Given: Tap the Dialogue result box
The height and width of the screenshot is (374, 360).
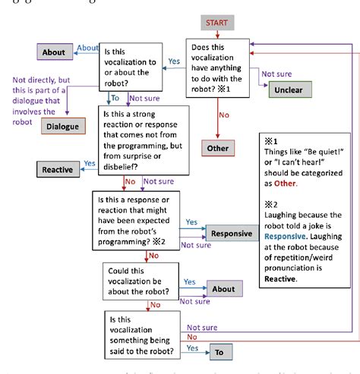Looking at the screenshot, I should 62,126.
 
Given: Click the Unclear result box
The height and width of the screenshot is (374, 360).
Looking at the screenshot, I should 289,89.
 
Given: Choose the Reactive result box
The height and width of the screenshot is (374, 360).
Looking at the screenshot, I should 57,170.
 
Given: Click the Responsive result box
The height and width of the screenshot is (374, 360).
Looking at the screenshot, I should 232,234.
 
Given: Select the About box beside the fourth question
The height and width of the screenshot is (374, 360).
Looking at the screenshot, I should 224,289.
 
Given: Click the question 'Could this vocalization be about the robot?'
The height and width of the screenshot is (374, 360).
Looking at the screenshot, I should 142,283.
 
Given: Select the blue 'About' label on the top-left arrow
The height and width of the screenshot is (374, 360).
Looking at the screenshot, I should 88,48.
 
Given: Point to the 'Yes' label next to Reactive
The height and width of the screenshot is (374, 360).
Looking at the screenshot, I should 90,163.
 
